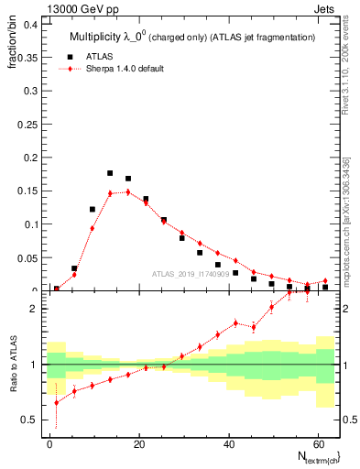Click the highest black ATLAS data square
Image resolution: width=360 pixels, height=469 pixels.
[x=110, y=173]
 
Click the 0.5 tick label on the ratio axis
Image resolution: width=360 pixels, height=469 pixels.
[x=27, y=420]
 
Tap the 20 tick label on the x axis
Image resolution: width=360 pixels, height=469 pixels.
[x=137, y=442]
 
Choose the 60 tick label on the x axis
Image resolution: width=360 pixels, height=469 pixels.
[x=316, y=442]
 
